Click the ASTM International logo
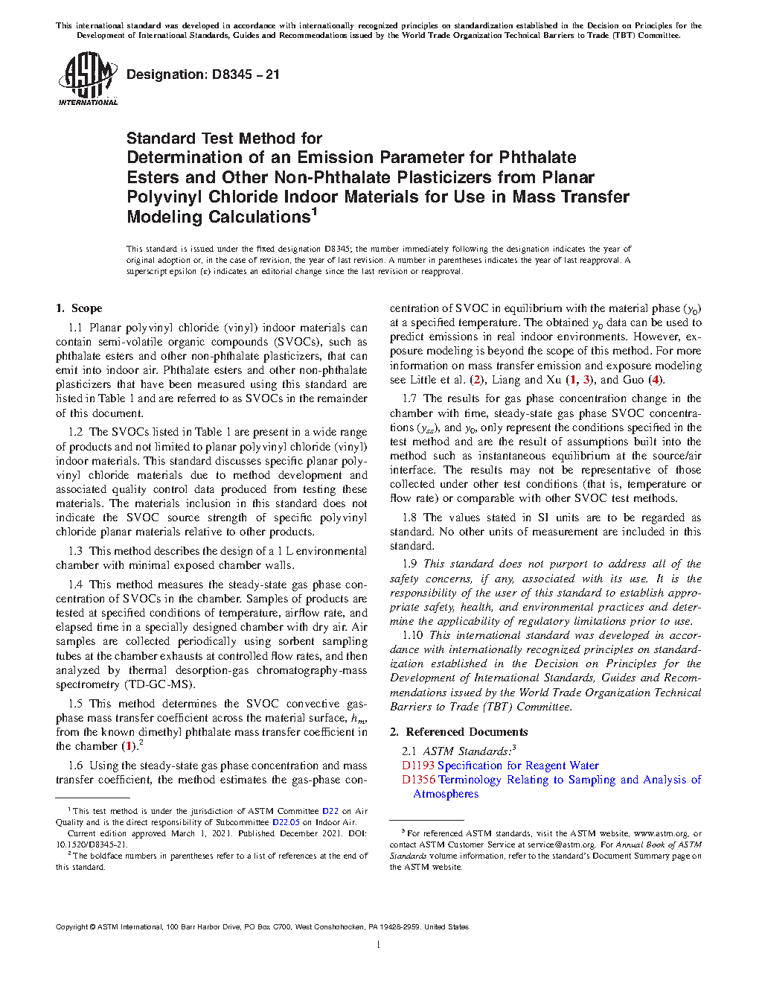click(x=87, y=78)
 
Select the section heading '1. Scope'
click(x=79, y=308)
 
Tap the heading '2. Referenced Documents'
click(x=458, y=732)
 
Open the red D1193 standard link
click(x=417, y=766)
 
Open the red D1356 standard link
click(x=418, y=780)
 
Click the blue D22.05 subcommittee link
click(x=286, y=822)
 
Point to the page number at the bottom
click(x=379, y=945)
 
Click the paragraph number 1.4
click(x=75, y=585)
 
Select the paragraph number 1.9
click(x=409, y=564)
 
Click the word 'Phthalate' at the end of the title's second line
click(x=537, y=157)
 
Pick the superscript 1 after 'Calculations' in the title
click(x=314, y=211)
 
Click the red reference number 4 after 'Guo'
click(x=655, y=380)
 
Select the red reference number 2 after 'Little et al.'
click(x=477, y=380)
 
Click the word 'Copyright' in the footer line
click(x=71, y=927)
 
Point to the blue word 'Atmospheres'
click(x=446, y=794)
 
